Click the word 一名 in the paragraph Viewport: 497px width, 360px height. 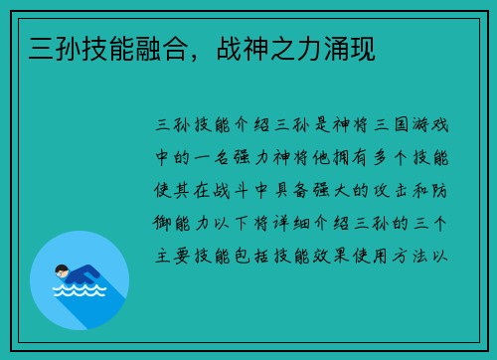(226, 159)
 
